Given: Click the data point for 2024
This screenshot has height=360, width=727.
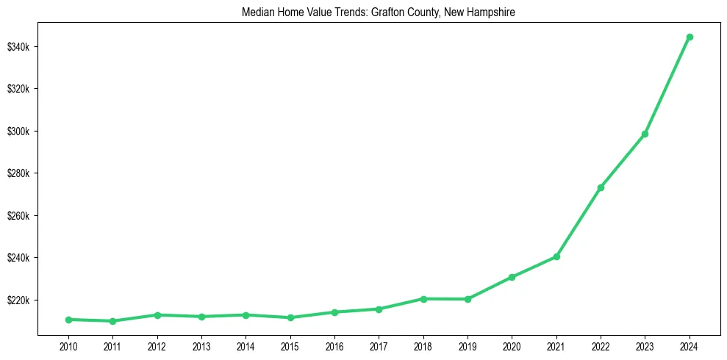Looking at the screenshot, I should coord(690,37).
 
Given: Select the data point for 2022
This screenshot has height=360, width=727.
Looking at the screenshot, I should coord(601,187).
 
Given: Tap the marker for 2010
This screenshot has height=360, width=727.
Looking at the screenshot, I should coord(68,320).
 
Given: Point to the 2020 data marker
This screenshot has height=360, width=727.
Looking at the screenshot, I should coord(512,277).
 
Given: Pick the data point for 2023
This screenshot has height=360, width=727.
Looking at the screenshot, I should coord(645,134).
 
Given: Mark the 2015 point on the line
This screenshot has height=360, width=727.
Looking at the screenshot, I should coord(290,317).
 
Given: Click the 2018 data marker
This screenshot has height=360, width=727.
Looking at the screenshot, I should coord(423,299).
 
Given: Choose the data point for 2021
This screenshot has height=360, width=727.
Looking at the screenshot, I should coord(556,256).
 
